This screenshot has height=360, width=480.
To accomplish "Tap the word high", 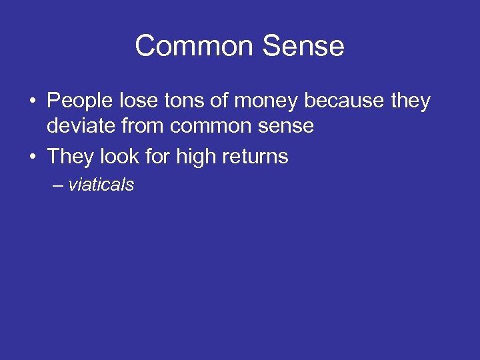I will [x=192, y=157].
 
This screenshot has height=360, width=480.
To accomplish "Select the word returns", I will [x=255, y=157].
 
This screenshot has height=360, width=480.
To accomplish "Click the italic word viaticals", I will [x=101, y=185].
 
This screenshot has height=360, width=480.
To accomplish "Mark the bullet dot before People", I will [x=32, y=102].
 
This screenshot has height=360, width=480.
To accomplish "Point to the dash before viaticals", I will [x=58, y=185].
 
